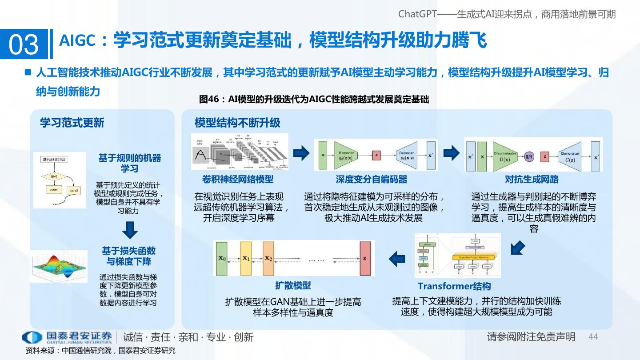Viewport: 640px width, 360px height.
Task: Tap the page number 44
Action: pyautogui.click(x=593, y=337)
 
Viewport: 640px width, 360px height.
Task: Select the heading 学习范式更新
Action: pyautogui.click(x=72, y=123)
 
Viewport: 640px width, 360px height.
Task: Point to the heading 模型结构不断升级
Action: pyautogui.click(x=237, y=123)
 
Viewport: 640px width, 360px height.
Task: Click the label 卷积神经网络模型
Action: pyautogui.click(x=238, y=180)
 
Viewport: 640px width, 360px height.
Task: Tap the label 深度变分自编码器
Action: pyautogui.click(x=372, y=180)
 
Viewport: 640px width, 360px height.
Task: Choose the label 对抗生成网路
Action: pyautogui.click(x=532, y=180)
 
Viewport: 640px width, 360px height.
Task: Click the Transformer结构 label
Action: pyautogui.click(x=454, y=286)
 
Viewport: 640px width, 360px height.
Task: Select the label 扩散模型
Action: pyautogui.click(x=293, y=285)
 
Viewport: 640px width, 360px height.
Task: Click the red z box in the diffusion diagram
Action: pyautogui.click(x=365, y=258)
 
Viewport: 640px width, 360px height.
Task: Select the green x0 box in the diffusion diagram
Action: pyautogui.click(x=222, y=258)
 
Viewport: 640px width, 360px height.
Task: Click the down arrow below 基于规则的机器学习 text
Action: pyautogui.click(x=129, y=229)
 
